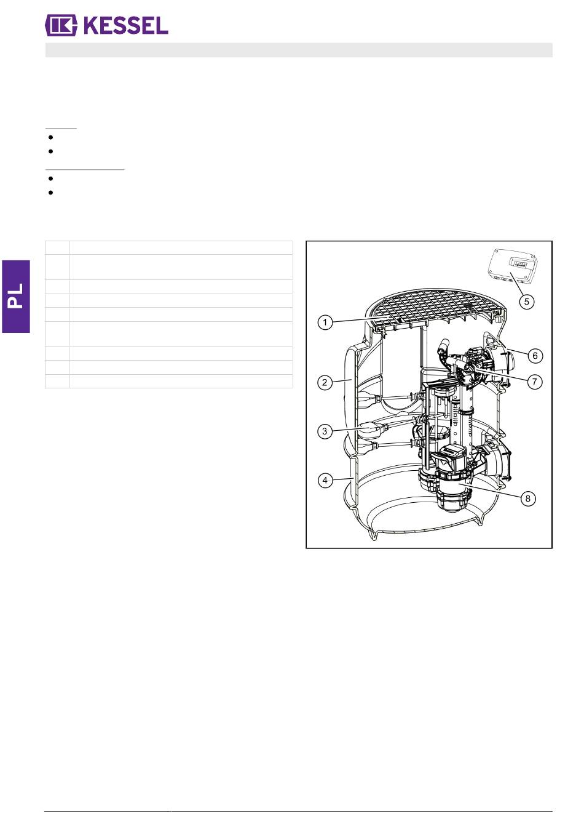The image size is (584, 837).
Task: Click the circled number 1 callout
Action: [325, 322]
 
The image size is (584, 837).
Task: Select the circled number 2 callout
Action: [325, 382]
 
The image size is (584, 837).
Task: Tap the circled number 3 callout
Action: [325, 431]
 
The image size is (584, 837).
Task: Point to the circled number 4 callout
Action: [325, 480]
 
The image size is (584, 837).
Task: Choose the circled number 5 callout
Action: [527, 301]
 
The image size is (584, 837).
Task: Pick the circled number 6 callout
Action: [535, 355]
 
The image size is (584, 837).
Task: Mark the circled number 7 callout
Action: [535, 382]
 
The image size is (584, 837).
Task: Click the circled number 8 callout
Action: [527, 498]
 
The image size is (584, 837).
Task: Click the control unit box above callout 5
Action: [514, 266]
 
